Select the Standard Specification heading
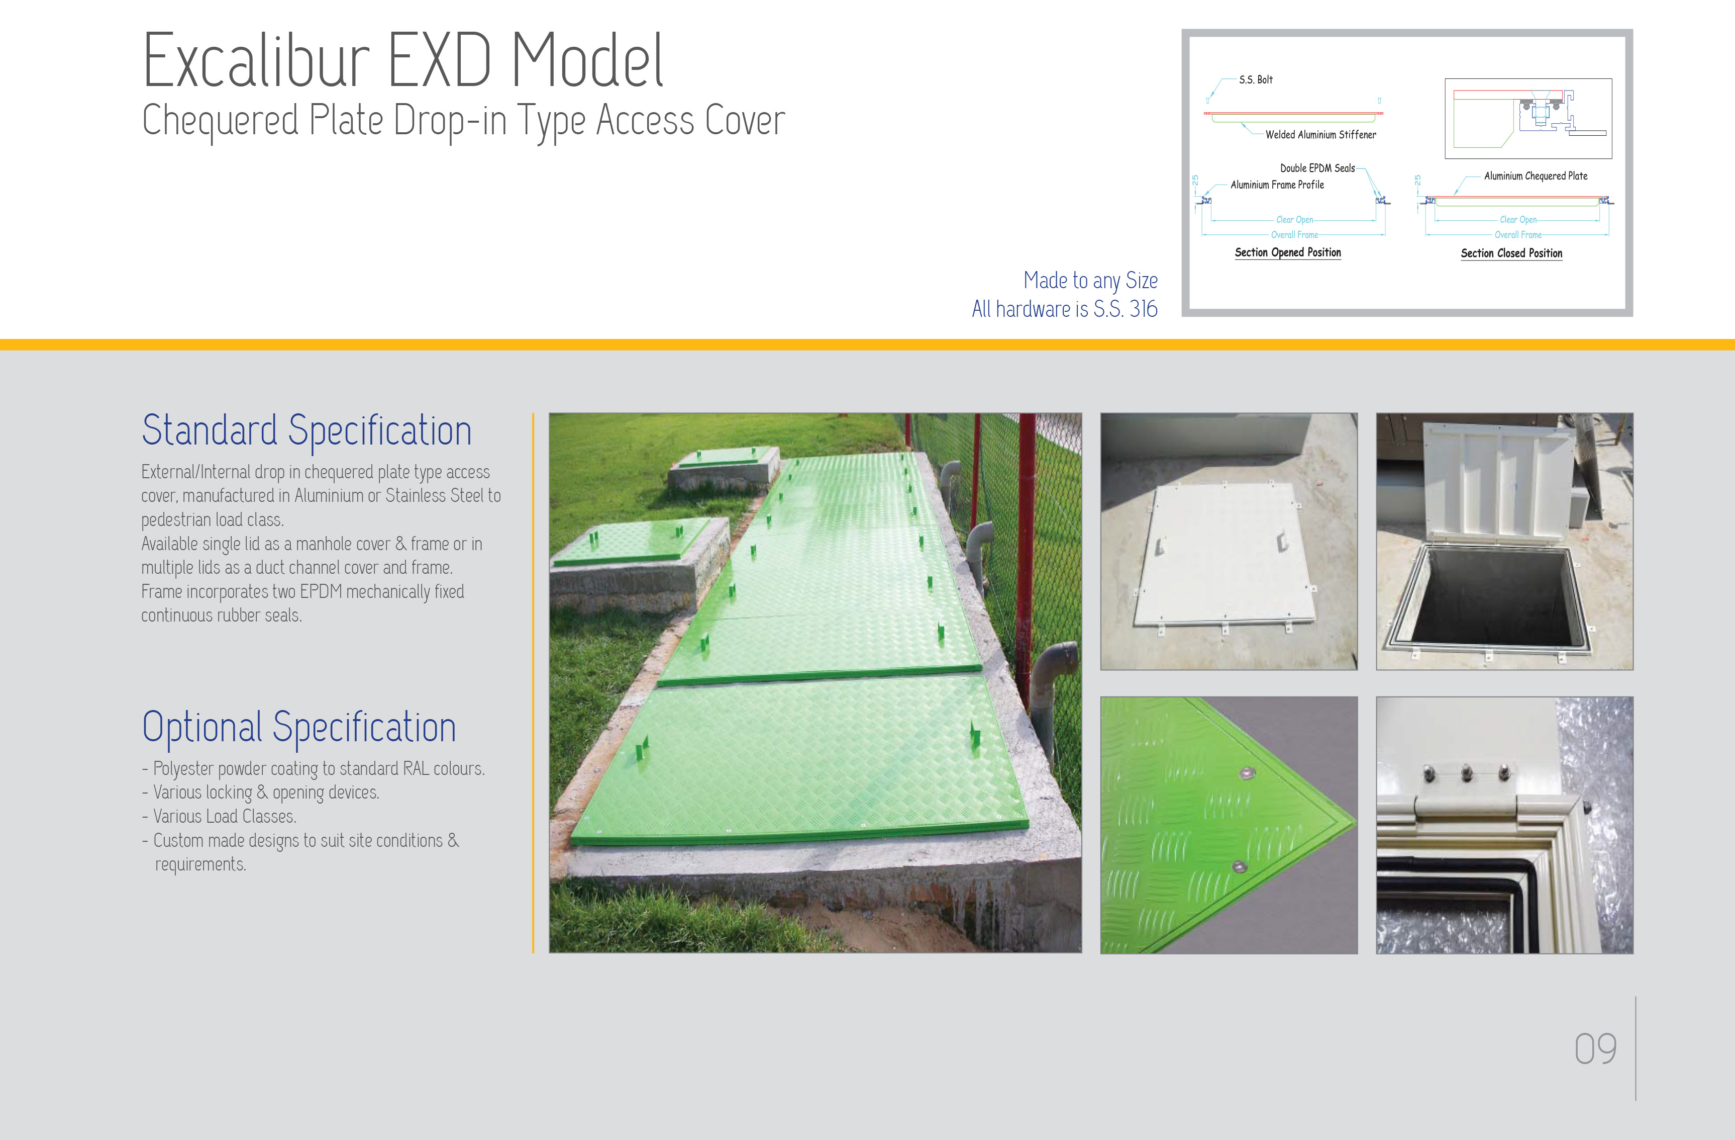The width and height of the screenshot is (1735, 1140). click(x=306, y=431)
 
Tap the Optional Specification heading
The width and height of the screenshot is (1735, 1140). click(x=299, y=727)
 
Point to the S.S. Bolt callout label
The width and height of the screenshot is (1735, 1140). click(x=1255, y=79)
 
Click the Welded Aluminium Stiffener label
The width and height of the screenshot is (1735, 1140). click(x=1320, y=135)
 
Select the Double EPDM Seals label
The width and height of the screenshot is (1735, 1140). click(x=1317, y=168)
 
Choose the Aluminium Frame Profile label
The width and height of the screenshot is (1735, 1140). click(x=1277, y=185)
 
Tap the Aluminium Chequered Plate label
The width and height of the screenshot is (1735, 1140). click(x=1535, y=177)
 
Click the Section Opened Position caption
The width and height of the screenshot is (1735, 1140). click(x=1287, y=252)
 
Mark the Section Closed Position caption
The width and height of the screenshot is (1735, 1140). click(x=1511, y=253)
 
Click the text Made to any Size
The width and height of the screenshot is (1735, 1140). click(x=1090, y=281)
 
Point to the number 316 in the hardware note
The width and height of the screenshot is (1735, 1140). click(x=1143, y=309)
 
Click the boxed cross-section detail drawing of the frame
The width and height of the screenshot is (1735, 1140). click(x=1528, y=119)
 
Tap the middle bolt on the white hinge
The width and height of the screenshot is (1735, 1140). click(x=1467, y=773)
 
